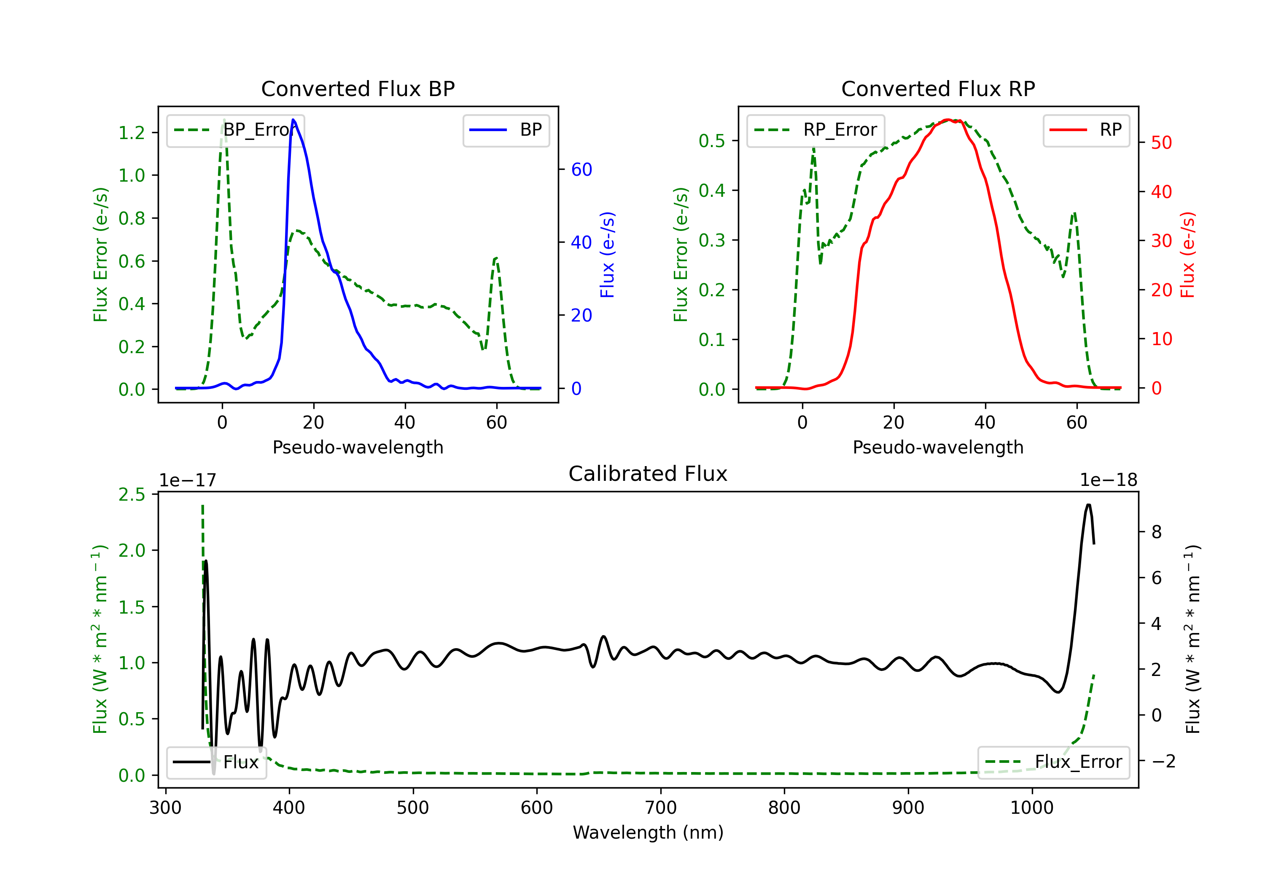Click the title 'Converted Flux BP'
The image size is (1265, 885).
(358, 88)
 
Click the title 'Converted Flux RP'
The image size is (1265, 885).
(938, 88)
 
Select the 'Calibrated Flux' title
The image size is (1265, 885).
(648, 474)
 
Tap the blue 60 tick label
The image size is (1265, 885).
(582, 169)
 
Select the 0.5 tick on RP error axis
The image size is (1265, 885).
(712, 141)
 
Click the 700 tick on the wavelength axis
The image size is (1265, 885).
(661, 808)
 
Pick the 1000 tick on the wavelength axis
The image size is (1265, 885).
(1031, 808)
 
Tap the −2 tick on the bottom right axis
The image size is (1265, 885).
(1163, 762)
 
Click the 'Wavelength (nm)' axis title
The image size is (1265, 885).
(648, 833)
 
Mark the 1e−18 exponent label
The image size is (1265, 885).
(1109, 480)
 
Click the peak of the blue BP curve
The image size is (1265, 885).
(293, 120)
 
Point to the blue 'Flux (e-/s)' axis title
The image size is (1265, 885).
(607, 255)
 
